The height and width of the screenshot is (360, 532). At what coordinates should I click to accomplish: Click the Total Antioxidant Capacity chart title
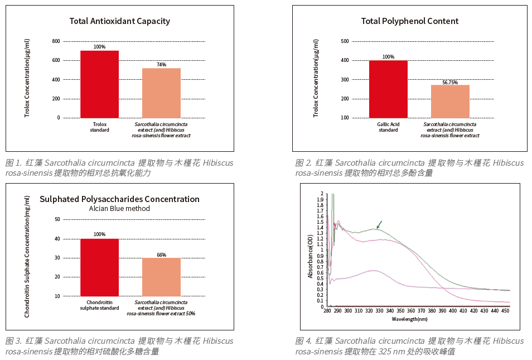[119, 21]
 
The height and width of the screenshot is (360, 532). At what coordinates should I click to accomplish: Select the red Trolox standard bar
[99, 84]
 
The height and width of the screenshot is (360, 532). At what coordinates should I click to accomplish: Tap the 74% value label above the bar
[161, 65]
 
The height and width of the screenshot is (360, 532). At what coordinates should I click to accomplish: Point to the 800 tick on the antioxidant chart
[56, 41]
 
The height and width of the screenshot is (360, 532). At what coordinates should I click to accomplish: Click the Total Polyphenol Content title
[409, 21]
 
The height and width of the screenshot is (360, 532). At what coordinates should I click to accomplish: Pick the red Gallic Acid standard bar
[388, 89]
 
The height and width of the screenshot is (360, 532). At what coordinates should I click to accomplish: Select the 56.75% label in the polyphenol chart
[450, 82]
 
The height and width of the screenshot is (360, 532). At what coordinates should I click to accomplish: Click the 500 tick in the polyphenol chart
[345, 41]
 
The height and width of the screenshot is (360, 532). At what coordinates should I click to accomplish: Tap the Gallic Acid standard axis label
[388, 127]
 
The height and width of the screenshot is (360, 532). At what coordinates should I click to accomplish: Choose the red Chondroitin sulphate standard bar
[99, 267]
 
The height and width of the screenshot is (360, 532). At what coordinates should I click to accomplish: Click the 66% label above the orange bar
[161, 255]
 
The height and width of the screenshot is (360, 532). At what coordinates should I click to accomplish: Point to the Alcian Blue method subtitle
[119, 209]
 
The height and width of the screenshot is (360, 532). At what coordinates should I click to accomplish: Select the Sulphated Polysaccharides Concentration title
[119, 199]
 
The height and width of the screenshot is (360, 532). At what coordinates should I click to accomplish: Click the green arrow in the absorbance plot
[379, 224]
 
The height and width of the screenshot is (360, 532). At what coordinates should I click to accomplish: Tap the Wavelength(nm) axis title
[409, 319]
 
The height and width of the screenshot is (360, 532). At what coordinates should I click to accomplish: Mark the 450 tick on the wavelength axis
[505, 311]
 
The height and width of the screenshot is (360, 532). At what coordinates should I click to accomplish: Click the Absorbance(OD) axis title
[311, 256]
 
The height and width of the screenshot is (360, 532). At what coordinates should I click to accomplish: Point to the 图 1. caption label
[13, 163]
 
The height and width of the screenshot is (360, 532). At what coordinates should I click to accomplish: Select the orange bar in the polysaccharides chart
[161, 277]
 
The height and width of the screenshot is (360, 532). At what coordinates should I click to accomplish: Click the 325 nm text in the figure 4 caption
[388, 352]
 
